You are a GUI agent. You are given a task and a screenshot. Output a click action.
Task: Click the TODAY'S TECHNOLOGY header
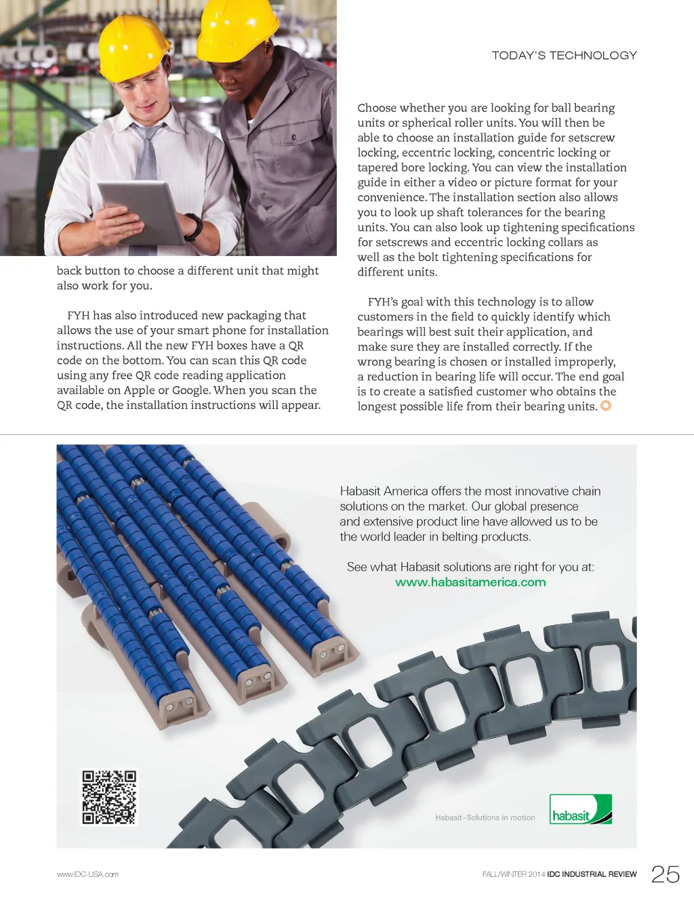[x=564, y=56]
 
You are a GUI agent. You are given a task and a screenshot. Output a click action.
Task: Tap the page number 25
[x=665, y=874]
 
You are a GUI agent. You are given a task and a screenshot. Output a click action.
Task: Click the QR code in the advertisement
[x=109, y=797]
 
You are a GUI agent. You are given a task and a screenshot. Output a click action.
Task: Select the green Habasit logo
[x=580, y=809]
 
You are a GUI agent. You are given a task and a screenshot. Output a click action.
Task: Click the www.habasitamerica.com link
[x=470, y=582]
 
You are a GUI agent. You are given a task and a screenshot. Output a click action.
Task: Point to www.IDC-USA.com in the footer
[x=87, y=874]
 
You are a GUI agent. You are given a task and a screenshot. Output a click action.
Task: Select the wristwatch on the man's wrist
[x=194, y=227]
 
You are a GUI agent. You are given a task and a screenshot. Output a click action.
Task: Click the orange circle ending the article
[x=606, y=406]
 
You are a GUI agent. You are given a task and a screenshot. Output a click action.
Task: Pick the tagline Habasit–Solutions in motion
[x=485, y=818]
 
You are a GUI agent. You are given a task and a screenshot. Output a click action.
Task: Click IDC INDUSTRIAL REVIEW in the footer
[x=592, y=874]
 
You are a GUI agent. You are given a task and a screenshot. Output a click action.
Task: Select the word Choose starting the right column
[x=377, y=108]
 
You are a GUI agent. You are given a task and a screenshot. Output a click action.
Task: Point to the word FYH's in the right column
[x=383, y=302]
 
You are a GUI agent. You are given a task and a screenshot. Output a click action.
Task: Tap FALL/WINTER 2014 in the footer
[x=513, y=874]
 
